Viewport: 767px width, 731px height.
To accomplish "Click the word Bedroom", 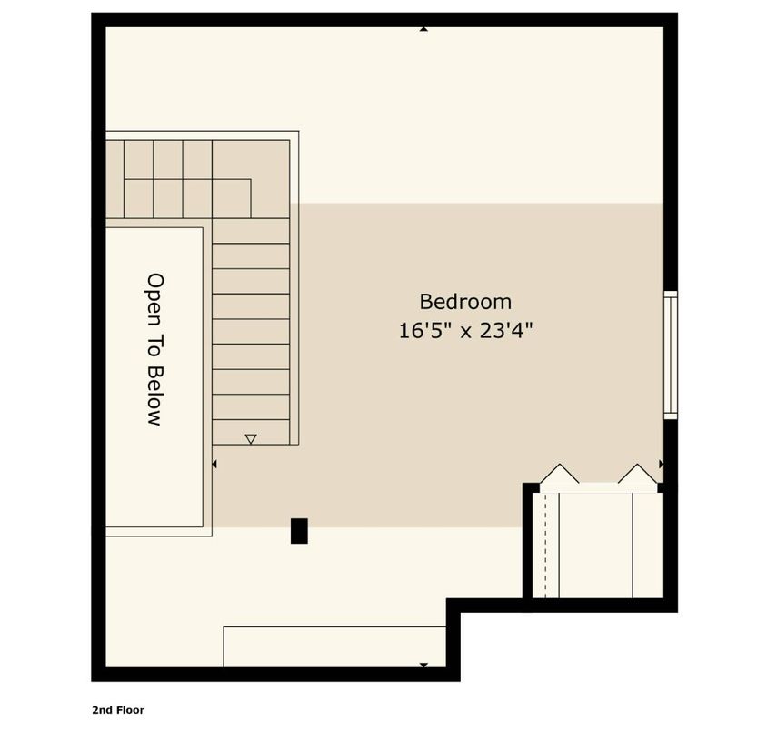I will [x=464, y=301].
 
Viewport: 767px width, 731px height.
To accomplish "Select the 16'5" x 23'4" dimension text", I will [x=464, y=330].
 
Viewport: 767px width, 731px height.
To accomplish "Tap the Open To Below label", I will [x=154, y=350].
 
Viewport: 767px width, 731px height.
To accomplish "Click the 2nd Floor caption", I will [x=117, y=709].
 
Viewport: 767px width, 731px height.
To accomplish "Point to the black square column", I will [x=299, y=531].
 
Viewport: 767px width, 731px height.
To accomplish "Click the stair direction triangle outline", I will [x=251, y=439].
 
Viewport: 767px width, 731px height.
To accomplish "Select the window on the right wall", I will [x=670, y=355].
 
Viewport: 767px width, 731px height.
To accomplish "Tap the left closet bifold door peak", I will [x=559, y=473].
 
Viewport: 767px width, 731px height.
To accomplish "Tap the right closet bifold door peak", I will [x=638, y=473].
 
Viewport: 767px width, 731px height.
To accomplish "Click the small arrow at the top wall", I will [x=423, y=29].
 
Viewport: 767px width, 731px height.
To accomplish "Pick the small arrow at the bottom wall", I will [x=423, y=666].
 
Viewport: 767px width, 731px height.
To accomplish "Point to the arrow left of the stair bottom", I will [x=214, y=465].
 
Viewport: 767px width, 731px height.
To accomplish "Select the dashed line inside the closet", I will [x=545, y=544].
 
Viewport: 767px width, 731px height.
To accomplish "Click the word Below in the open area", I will [x=154, y=398].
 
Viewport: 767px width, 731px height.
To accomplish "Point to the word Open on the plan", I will [x=154, y=293].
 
